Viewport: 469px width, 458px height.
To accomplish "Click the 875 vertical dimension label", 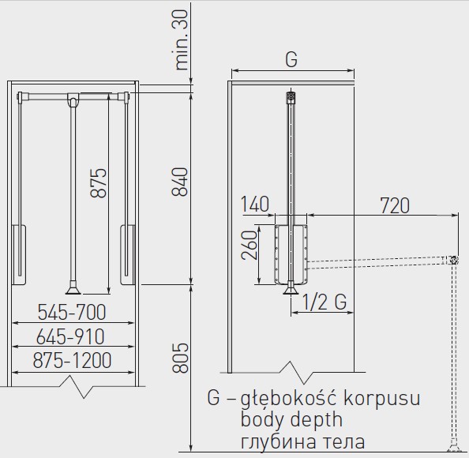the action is tap(99, 182).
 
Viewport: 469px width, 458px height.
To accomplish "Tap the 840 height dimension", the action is tap(180, 182).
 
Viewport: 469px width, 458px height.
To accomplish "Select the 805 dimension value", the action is tap(180, 358).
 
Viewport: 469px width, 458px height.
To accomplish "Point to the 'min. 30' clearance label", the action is tap(182, 39).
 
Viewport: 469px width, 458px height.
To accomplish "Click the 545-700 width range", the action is tap(72, 312).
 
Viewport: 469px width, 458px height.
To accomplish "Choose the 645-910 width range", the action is tap(70, 336).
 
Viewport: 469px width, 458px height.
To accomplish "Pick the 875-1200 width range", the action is tap(72, 360).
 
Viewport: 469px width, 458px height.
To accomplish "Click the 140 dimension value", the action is tap(255, 205).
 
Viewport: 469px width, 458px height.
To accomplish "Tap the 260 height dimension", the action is tap(250, 245).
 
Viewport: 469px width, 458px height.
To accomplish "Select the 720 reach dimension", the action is tap(395, 205).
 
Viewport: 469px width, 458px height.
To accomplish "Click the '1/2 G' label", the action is tap(325, 302).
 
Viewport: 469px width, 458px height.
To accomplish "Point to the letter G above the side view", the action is tap(291, 59).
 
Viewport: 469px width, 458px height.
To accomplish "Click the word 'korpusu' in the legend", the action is tap(382, 400).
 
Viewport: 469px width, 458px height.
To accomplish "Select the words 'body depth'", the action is tap(291, 419).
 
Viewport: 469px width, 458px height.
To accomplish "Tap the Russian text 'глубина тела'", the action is tap(302, 442).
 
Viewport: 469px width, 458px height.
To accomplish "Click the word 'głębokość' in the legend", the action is tap(290, 400).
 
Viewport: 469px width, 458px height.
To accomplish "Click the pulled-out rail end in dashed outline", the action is tap(453, 260).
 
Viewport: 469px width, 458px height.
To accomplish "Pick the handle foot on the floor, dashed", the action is tap(454, 445).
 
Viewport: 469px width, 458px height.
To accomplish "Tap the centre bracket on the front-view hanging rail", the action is tap(73, 99).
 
